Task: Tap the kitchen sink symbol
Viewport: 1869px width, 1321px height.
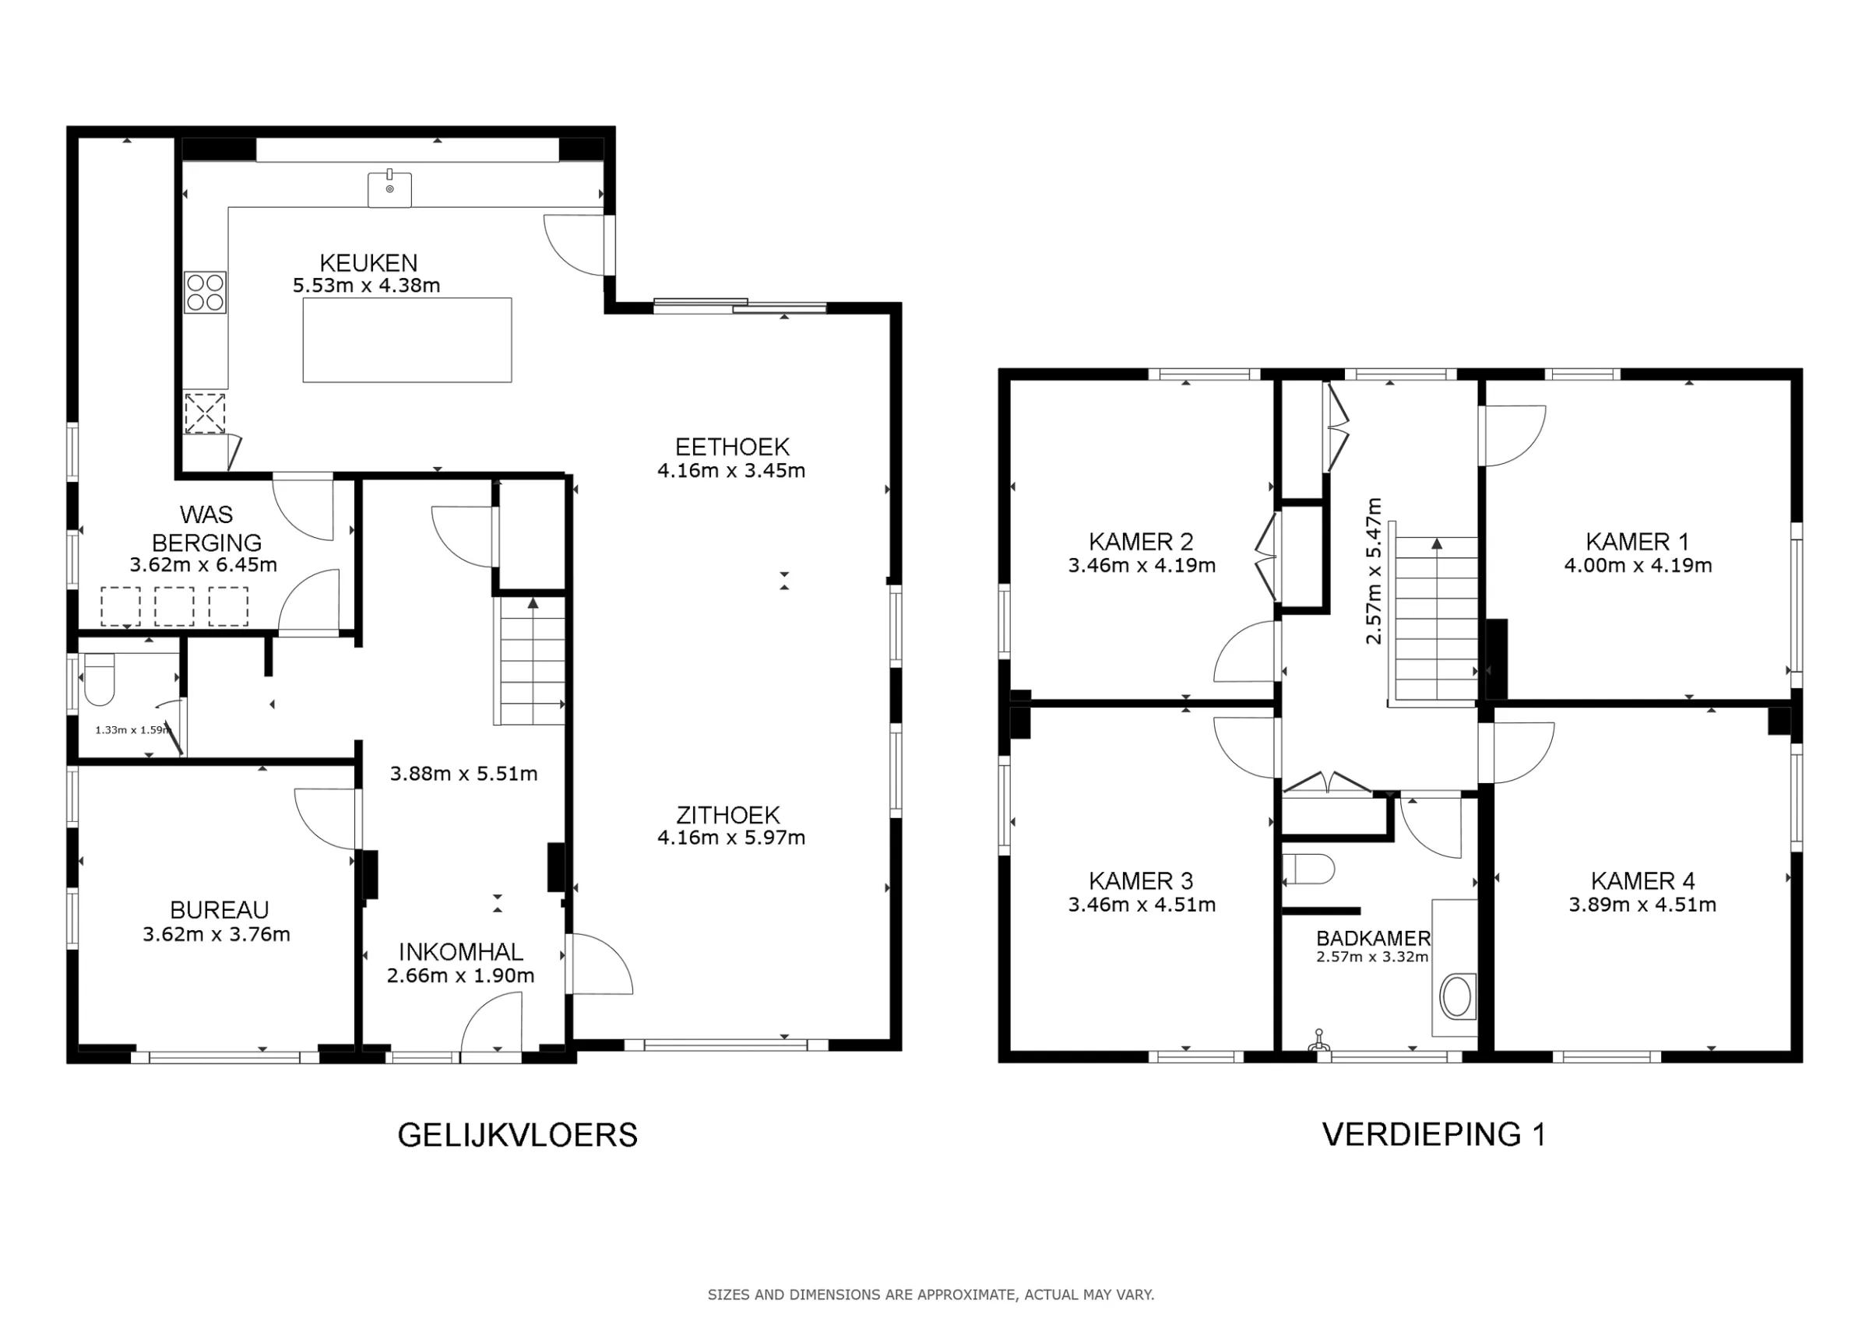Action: pyautogui.click(x=390, y=189)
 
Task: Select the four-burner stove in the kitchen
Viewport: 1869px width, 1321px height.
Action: pyautogui.click(x=205, y=292)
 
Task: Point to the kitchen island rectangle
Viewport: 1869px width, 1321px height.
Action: pyautogui.click(x=407, y=339)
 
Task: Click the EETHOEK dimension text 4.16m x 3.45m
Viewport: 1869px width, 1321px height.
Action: pyautogui.click(x=731, y=470)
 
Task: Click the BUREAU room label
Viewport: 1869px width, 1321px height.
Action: pyautogui.click(x=219, y=909)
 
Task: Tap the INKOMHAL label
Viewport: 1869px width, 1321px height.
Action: pyautogui.click(x=461, y=951)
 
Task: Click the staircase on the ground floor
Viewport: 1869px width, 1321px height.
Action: pyautogui.click(x=530, y=660)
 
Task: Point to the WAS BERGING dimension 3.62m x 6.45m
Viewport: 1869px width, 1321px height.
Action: pyautogui.click(x=203, y=565)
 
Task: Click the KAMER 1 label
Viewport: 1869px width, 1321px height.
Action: pyautogui.click(x=1637, y=541)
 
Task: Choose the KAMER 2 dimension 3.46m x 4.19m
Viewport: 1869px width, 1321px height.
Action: pyautogui.click(x=1142, y=566)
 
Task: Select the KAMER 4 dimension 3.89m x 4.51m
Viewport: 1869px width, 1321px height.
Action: pyautogui.click(x=1642, y=905)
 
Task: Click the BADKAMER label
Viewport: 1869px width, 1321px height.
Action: pyautogui.click(x=1373, y=939)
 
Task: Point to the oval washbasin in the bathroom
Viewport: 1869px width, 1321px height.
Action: pyautogui.click(x=1456, y=996)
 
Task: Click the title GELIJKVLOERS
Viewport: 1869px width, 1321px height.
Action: pyautogui.click(x=518, y=1135)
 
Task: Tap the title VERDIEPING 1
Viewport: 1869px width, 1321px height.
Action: pyautogui.click(x=1434, y=1134)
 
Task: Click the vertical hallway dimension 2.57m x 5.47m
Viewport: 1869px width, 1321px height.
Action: pyautogui.click(x=1373, y=571)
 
